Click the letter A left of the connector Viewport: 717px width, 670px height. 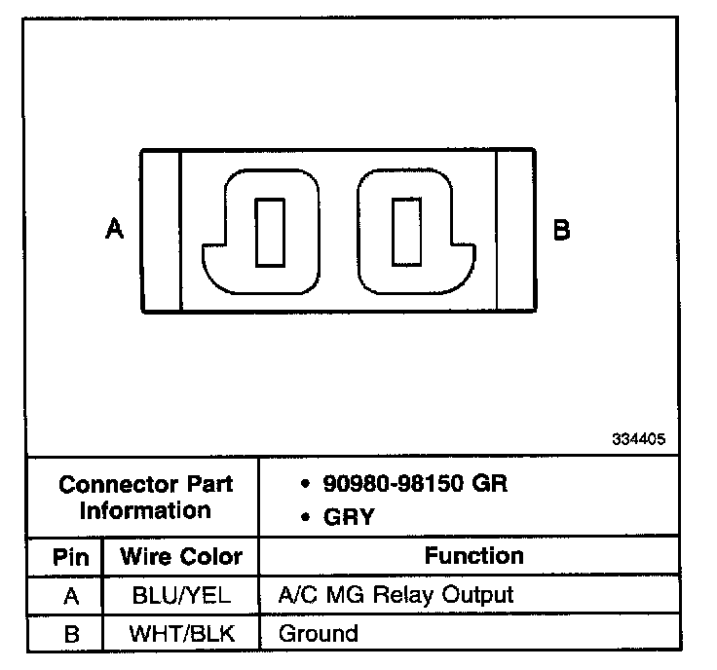(115, 230)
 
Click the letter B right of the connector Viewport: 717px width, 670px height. (561, 231)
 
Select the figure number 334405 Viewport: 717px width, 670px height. (639, 439)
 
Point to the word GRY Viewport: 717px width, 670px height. (349, 518)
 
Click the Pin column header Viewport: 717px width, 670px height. (70, 558)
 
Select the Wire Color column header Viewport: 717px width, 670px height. (180, 558)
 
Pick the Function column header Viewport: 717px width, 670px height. (474, 556)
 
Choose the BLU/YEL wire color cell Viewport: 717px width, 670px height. (180, 595)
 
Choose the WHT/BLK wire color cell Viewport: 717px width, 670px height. (180, 634)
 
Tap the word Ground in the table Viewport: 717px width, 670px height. (319, 634)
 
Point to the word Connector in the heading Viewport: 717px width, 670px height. (120, 485)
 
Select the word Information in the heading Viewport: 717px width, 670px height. (145, 510)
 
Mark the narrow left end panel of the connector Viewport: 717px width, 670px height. (162, 231)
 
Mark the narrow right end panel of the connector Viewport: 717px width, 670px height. (515, 231)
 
